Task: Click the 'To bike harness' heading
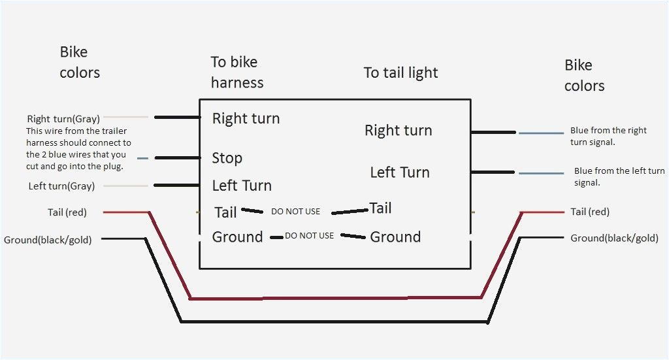point(237,72)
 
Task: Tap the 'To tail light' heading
point(400,73)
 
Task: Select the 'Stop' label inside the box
point(227,158)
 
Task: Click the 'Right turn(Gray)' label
point(63,119)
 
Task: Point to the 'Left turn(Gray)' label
point(61,186)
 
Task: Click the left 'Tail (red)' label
point(67,212)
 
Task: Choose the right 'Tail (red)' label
point(589,212)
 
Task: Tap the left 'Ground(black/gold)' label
point(48,240)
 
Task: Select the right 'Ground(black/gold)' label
point(614,238)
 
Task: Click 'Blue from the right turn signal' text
point(608,136)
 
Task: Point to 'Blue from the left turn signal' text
point(619,176)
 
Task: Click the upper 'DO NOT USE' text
point(295,212)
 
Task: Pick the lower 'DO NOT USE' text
point(309,235)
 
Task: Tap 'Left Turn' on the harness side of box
point(242,186)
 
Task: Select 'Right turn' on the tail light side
point(398,131)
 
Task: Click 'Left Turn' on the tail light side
point(399,172)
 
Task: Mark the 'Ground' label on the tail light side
point(395,237)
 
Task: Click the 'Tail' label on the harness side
point(225,212)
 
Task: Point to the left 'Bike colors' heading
point(80,62)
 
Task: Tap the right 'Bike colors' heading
point(584,75)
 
